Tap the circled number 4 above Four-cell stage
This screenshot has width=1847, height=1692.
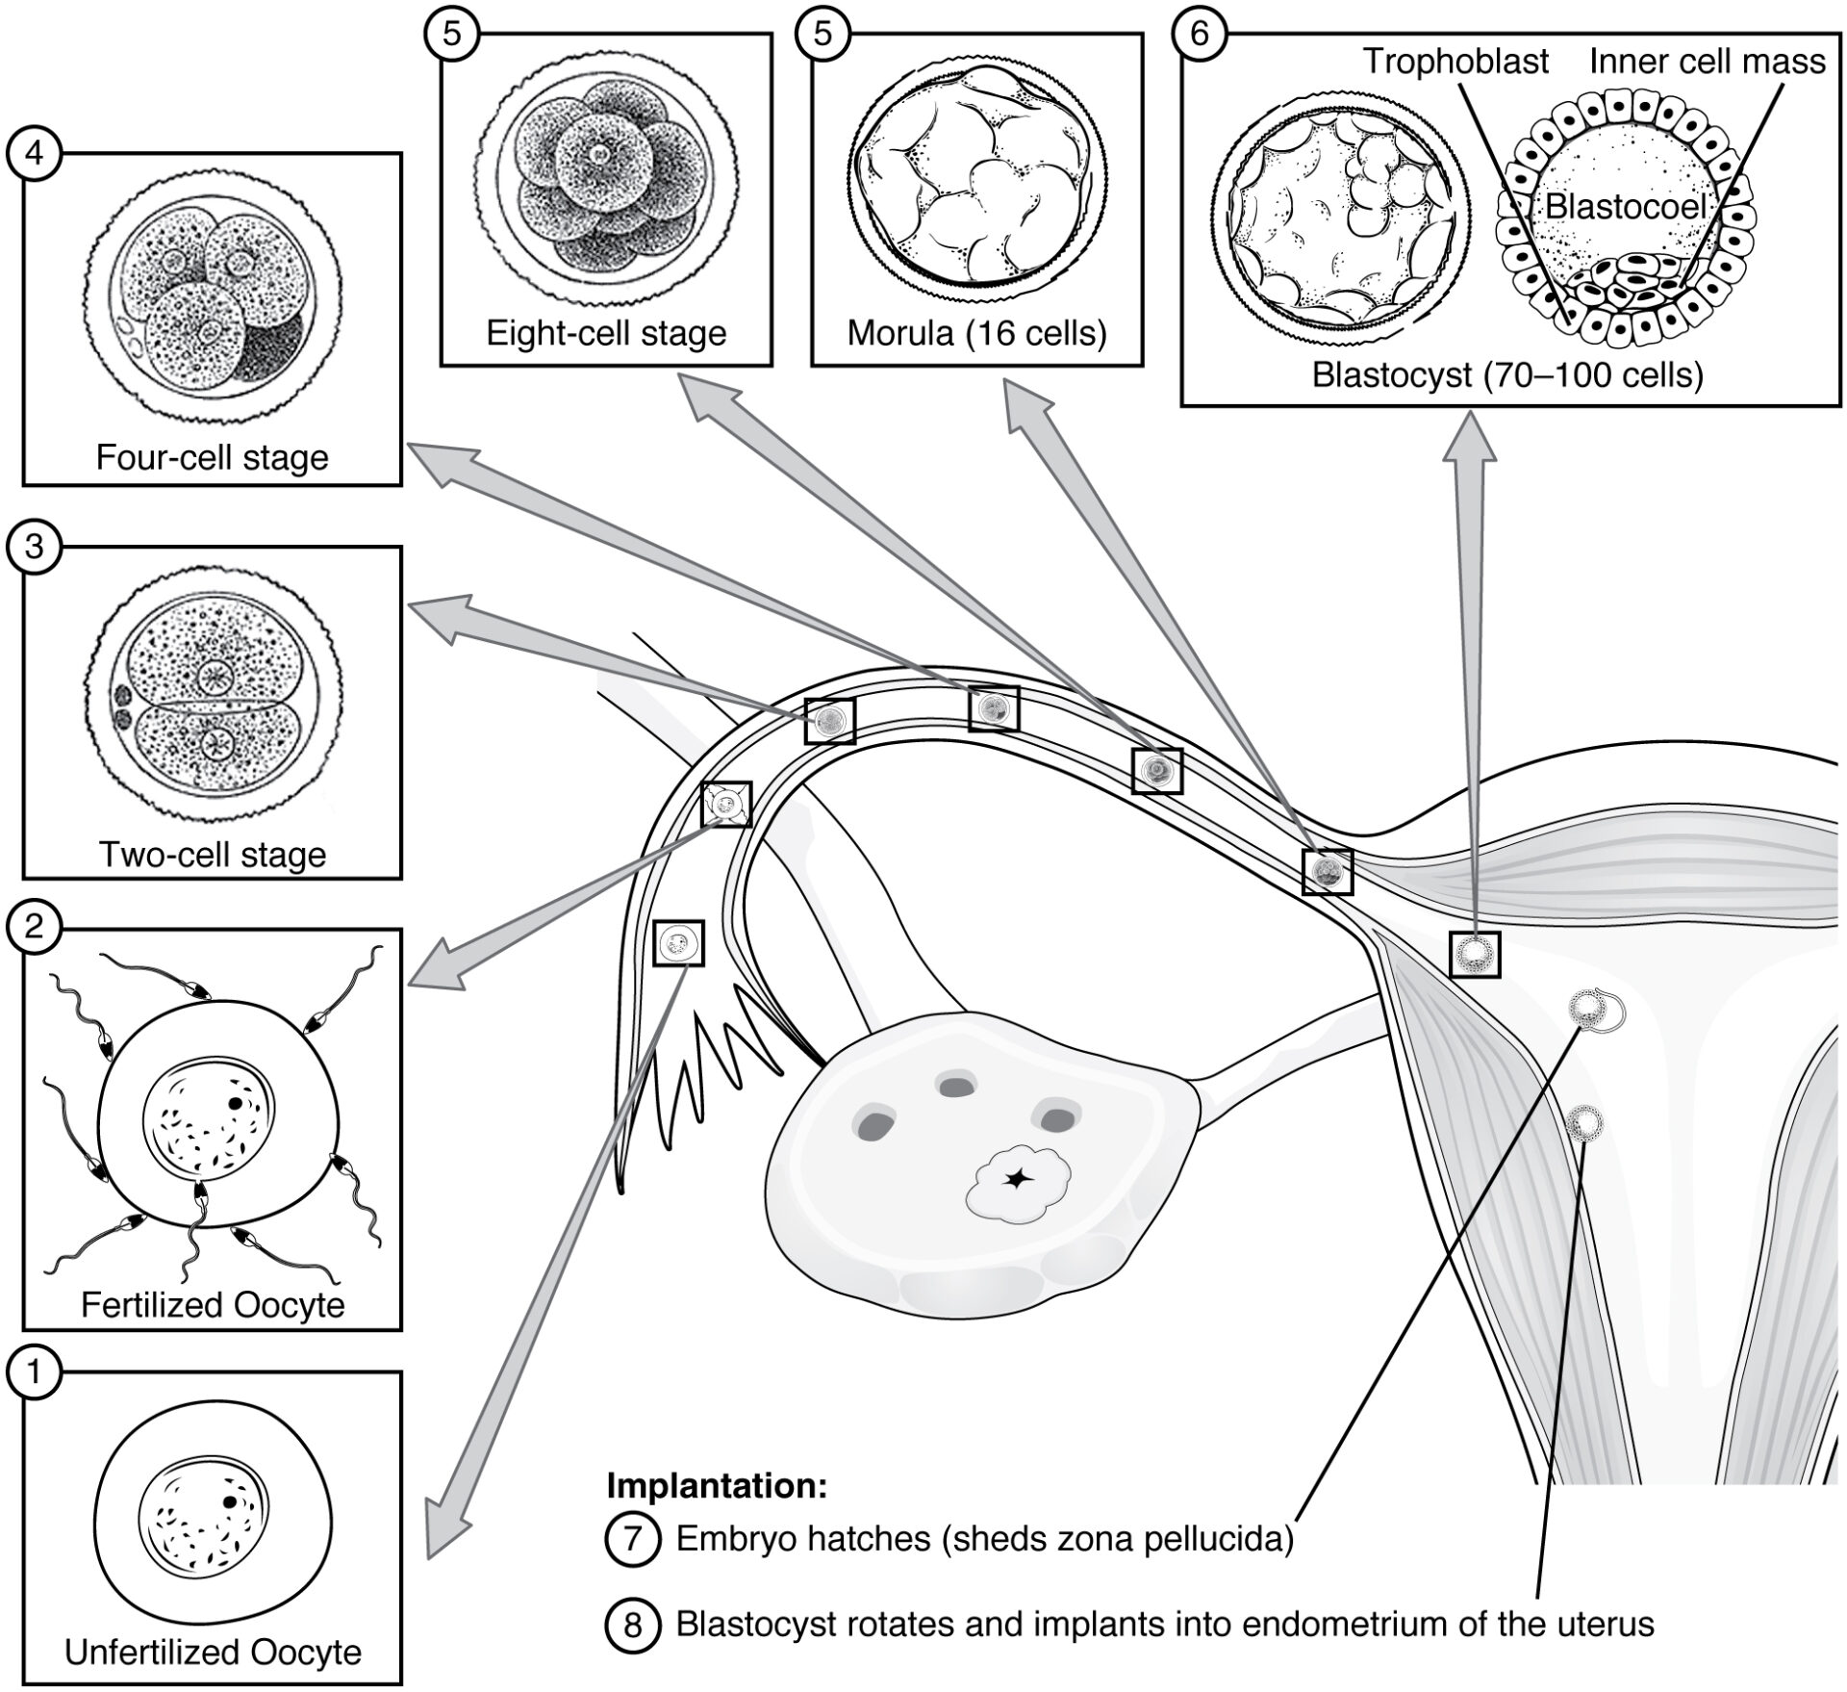click(x=35, y=153)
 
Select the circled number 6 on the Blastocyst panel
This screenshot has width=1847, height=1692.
click(x=1198, y=33)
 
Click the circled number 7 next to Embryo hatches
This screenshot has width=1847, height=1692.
click(x=632, y=1538)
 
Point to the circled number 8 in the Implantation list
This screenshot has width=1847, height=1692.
click(x=632, y=1625)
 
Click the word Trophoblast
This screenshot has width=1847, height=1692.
click(x=1455, y=62)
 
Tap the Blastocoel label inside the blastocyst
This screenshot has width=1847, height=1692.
click(x=1626, y=206)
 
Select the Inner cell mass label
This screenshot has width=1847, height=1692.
click(x=1707, y=62)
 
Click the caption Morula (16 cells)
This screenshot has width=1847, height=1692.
click(x=976, y=333)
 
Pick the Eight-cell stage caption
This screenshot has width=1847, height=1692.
click(x=606, y=333)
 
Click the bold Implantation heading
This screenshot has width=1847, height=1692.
click(x=717, y=1485)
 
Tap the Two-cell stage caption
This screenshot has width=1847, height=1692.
click(x=213, y=854)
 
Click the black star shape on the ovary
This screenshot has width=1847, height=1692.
click(x=1015, y=1178)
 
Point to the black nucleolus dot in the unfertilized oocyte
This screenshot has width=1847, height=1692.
click(x=230, y=1501)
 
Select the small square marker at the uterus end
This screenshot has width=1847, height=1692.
click(x=1475, y=954)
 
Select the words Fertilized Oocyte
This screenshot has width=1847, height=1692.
click(x=213, y=1304)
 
